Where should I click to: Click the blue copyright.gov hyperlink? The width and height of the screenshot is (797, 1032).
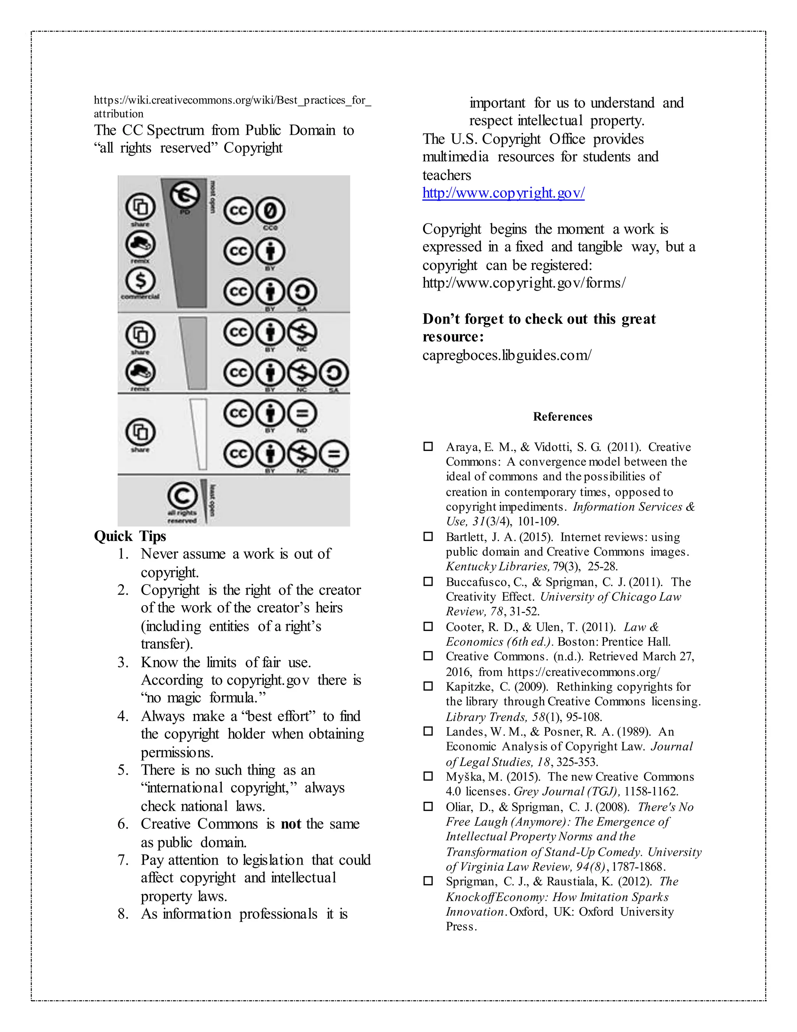coord(503,193)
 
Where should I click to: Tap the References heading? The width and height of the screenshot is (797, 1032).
coord(562,416)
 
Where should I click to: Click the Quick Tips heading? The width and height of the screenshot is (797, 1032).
coord(130,536)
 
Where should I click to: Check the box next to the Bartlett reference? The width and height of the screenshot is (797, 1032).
coord(428,536)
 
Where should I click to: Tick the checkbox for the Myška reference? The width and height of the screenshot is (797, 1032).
coord(428,776)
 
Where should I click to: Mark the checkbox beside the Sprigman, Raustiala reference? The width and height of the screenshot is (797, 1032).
coord(428,881)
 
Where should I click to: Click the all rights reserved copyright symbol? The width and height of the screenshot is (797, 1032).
coord(182,496)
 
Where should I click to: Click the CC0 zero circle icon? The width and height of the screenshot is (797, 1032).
coord(270,210)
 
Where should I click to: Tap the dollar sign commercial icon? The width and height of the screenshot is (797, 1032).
coord(140,280)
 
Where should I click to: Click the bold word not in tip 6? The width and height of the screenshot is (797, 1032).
coord(291,824)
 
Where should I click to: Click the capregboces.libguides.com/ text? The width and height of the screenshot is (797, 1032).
coord(507,355)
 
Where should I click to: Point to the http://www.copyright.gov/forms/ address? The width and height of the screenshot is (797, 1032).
coord(524,283)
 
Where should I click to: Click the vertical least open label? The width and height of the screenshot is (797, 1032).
coord(213,500)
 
